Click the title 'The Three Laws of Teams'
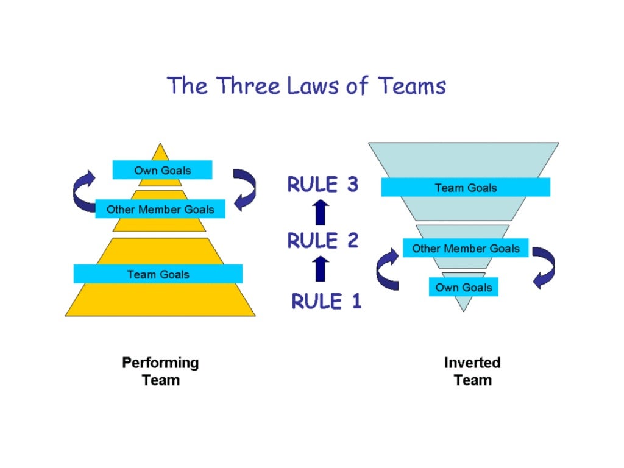[x=307, y=85]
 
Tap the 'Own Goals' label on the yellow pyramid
[x=162, y=170]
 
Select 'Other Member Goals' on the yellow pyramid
[x=160, y=209]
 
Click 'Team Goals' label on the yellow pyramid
[x=158, y=274]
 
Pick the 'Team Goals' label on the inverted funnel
[x=466, y=188]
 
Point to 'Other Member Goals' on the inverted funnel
[x=466, y=248]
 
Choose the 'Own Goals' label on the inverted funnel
[x=463, y=287]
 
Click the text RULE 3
[x=322, y=185]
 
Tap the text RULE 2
[x=322, y=241]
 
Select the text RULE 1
[x=326, y=301]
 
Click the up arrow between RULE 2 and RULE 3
[x=321, y=213]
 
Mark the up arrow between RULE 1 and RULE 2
[x=321, y=269]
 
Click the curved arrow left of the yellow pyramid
[x=83, y=190]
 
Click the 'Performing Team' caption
[x=160, y=371]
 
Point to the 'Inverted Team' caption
[x=472, y=371]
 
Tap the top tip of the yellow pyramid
[x=160, y=146]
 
